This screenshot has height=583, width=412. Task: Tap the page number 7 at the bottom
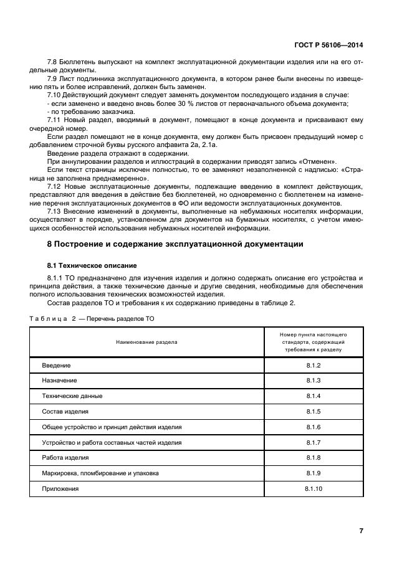pyautogui.click(x=361, y=531)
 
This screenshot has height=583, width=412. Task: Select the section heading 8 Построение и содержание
pyautogui.click(x=175, y=244)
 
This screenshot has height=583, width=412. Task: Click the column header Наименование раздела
pyautogui.click(x=146, y=342)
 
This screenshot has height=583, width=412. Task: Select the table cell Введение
pyautogui.click(x=56, y=364)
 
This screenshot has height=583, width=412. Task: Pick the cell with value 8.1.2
pyautogui.click(x=313, y=364)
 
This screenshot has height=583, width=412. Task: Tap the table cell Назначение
pyautogui.click(x=59, y=380)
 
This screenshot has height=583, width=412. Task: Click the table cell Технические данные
pyautogui.click(x=72, y=396)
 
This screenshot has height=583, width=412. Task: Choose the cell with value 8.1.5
pyautogui.click(x=313, y=411)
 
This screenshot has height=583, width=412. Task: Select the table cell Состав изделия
pyautogui.click(x=65, y=411)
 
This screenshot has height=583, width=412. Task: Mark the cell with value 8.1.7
pyautogui.click(x=313, y=442)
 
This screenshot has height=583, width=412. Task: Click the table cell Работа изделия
pyautogui.click(x=65, y=458)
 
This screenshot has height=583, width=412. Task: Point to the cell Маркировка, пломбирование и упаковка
pyautogui.click(x=100, y=473)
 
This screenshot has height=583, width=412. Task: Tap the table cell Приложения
pyautogui.click(x=60, y=489)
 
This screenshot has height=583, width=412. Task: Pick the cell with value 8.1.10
pyautogui.click(x=313, y=489)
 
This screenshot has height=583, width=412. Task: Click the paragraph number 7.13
pyautogui.click(x=55, y=211)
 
